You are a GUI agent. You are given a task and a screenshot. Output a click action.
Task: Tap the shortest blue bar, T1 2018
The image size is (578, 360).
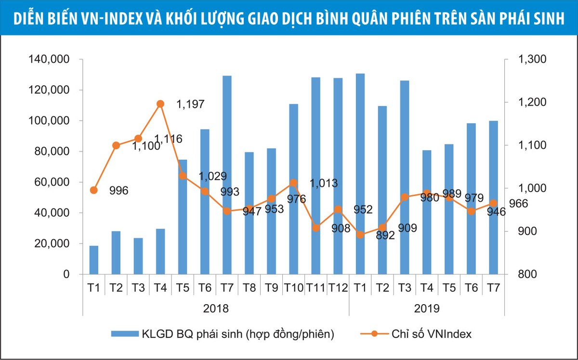94,260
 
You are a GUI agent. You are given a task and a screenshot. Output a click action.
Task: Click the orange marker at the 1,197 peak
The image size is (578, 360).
160,103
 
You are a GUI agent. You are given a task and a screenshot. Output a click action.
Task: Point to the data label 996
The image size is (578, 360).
118,191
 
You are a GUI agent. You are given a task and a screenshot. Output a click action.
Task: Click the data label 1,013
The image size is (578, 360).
323,183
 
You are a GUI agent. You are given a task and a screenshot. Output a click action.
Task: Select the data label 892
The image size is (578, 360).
385,235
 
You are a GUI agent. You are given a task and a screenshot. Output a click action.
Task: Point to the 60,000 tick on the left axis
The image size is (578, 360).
53,182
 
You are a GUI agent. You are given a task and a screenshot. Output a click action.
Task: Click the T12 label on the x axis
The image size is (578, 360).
338,288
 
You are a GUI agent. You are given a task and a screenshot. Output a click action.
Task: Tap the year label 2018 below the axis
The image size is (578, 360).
216,308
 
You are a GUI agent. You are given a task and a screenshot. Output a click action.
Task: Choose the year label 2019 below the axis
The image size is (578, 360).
427,308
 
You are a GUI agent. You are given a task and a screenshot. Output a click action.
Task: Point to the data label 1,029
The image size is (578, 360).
212,176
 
